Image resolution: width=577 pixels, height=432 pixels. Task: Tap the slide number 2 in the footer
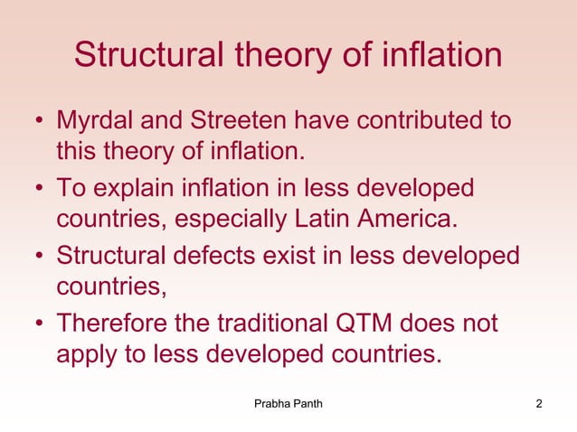pyautogui.click(x=539, y=403)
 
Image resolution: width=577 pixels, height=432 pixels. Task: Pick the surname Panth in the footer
pyautogui.click(x=306, y=403)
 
